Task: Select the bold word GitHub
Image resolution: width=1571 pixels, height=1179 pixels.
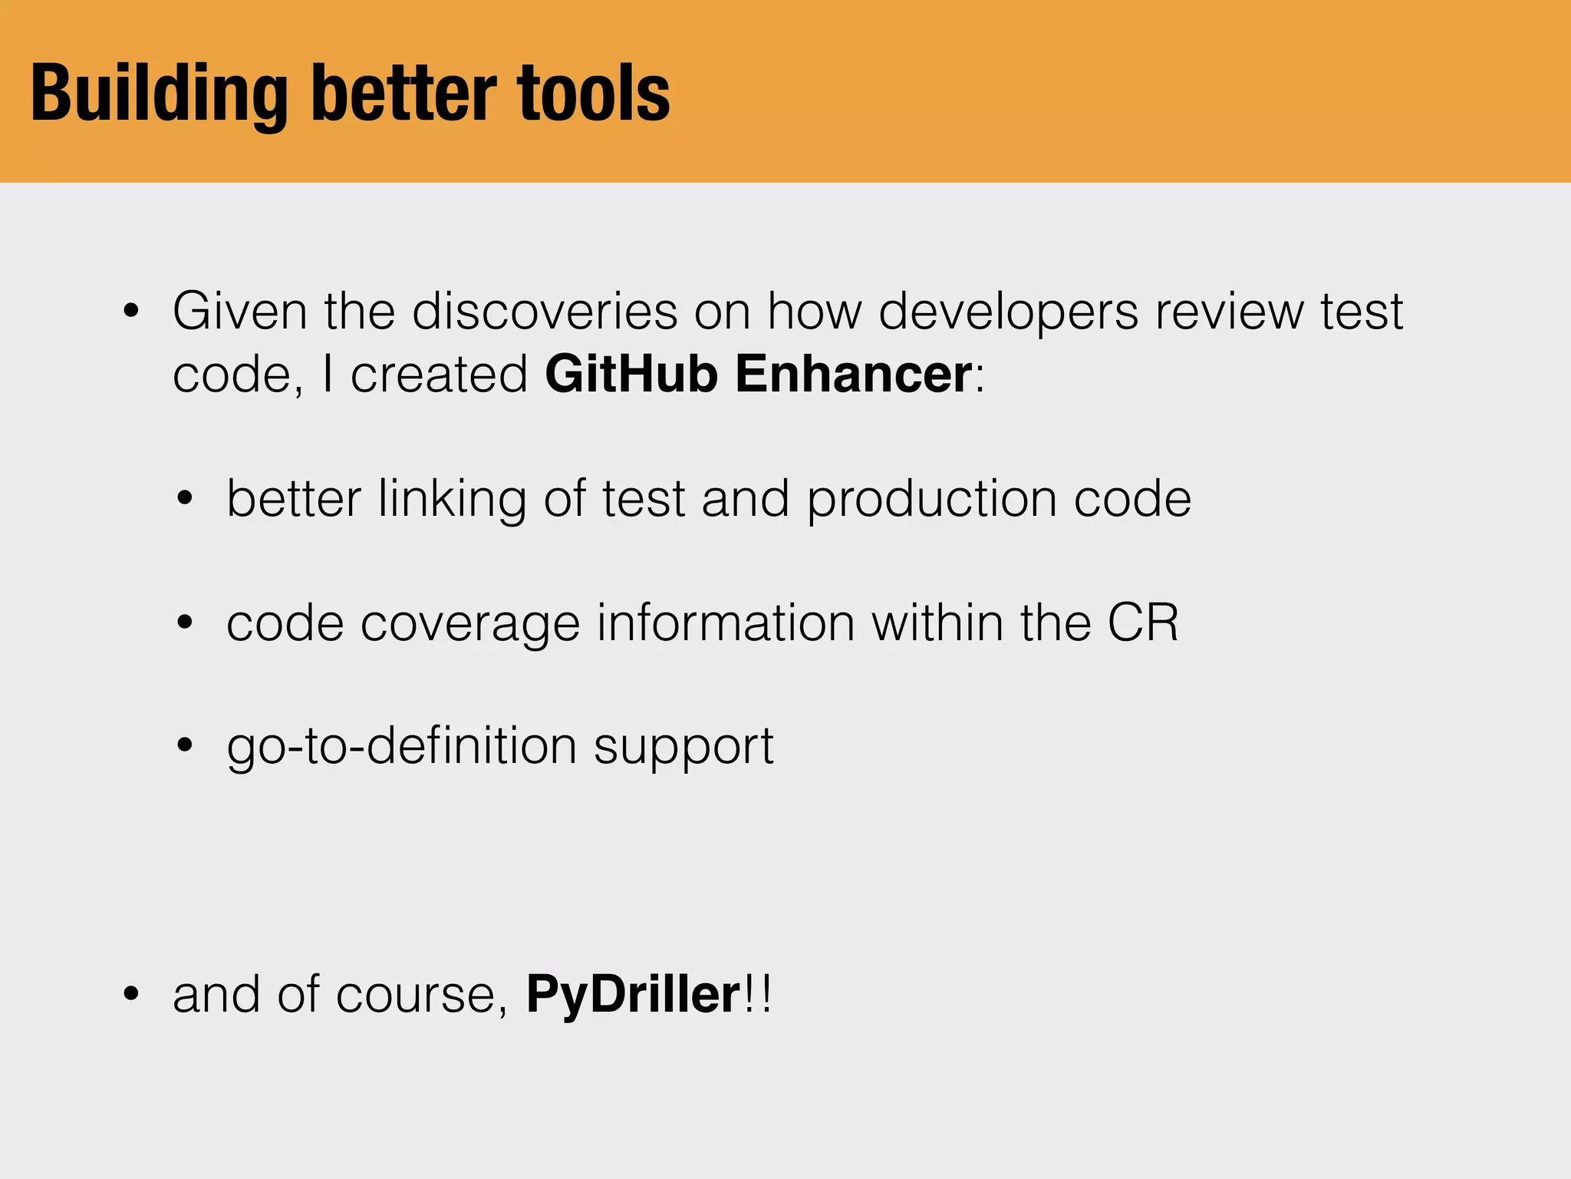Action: pyautogui.click(x=631, y=374)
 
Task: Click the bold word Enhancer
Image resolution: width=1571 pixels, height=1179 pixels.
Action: pyautogui.click(x=854, y=374)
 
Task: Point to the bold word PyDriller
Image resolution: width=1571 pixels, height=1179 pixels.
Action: pyautogui.click(x=633, y=994)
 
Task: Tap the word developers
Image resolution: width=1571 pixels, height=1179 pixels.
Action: pyautogui.click(x=1008, y=312)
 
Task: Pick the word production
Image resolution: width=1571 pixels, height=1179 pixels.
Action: pyautogui.click(x=931, y=500)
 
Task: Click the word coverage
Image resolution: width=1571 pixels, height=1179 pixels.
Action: pyautogui.click(x=470, y=624)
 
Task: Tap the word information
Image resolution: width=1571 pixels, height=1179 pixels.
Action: pyautogui.click(x=726, y=623)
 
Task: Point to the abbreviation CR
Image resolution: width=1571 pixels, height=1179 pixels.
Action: pyautogui.click(x=1143, y=623)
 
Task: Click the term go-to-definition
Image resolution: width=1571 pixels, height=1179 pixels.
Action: pyautogui.click(x=402, y=747)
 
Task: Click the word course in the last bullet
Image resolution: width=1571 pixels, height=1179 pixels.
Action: pyautogui.click(x=417, y=996)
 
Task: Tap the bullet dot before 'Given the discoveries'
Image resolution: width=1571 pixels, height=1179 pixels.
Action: pyautogui.click(x=132, y=312)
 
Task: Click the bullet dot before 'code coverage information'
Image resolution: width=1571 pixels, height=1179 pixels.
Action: pyautogui.click(x=185, y=623)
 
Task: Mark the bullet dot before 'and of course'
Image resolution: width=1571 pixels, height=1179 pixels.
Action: pyautogui.click(x=132, y=995)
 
